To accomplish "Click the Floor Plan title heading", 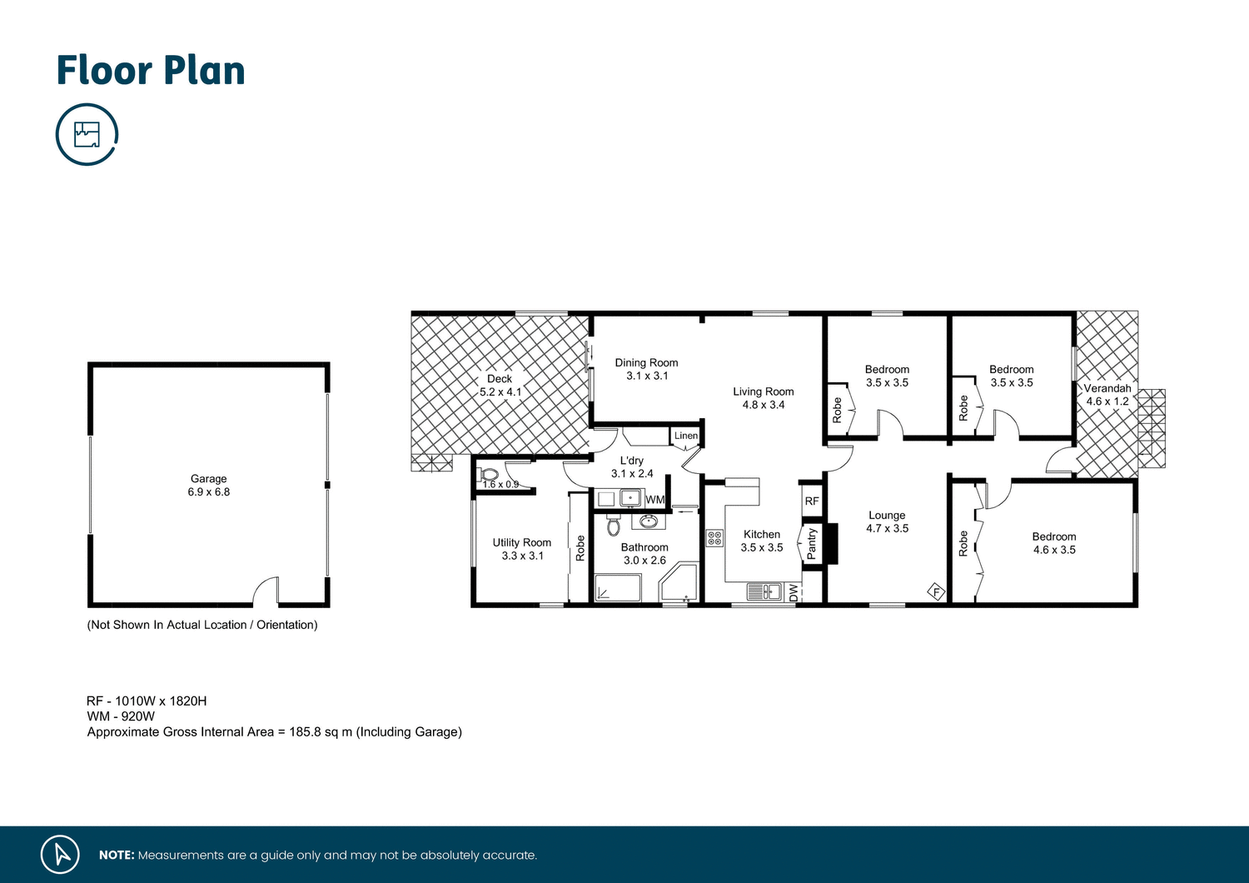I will pos(151,71).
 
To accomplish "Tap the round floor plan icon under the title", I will pos(87,134).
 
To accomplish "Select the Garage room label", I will pos(208,479).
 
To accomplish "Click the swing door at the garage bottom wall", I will pos(266,591).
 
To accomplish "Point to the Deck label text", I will pos(500,379).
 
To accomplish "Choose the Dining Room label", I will pos(646,363).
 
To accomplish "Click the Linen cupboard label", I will pos(686,436).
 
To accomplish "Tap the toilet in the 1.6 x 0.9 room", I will pos(490,475).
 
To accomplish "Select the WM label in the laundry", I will pos(655,500).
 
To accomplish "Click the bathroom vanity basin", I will pos(648,522).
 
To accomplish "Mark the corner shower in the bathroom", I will pos(678,584).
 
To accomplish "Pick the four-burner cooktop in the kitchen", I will pos(714,538).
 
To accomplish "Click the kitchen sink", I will pos(764,592).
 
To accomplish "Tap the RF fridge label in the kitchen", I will pos(812,501).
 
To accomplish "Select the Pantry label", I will pos(812,543).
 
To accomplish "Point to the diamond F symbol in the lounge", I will pos(937,592).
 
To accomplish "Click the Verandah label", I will pos(1107,388).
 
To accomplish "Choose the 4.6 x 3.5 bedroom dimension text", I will pos(1054,550).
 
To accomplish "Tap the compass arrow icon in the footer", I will pos(60,855).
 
